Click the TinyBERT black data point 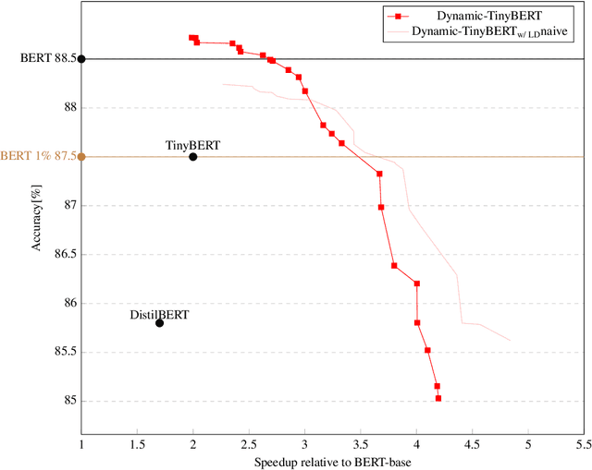coord(193,157)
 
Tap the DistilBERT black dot coord(160,323)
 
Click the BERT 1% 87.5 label coord(36,156)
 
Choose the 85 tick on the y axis coord(69,401)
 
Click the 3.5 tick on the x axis coord(361,444)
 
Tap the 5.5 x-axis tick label coord(584,444)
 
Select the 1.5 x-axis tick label coord(137,444)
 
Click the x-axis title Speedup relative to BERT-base coord(332,461)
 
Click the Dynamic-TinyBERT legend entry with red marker coord(472,16)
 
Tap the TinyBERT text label coord(193,145)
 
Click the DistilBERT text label coord(159,315)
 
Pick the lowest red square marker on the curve coord(438,398)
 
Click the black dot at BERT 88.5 coord(81,59)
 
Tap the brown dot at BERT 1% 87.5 coord(81,157)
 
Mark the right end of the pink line coord(510,341)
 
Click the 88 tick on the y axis coord(69,107)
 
